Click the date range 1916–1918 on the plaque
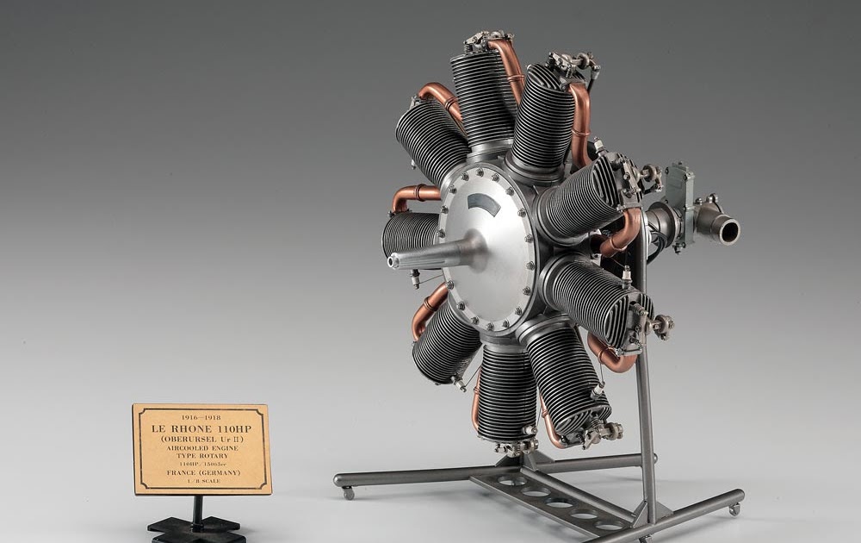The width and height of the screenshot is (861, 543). [x=201, y=417]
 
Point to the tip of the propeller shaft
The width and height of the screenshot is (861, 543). [x=393, y=261]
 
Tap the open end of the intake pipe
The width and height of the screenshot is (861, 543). [x=728, y=231]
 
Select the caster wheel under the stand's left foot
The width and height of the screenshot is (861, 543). [x=348, y=494]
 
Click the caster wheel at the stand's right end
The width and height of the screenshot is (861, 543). [x=734, y=509]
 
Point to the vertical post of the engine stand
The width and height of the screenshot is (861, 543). [x=645, y=414]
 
